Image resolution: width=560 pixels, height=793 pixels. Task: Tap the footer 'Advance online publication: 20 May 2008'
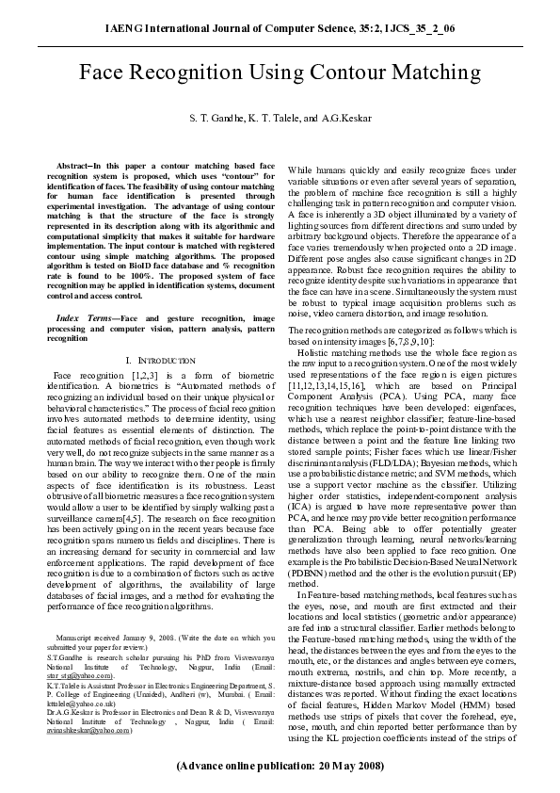point(280,766)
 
